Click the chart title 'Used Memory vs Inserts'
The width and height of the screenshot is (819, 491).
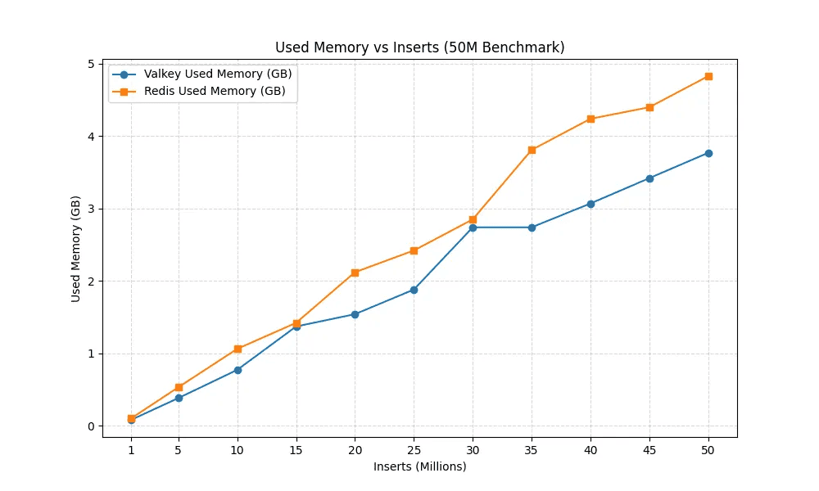[x=419, y=47]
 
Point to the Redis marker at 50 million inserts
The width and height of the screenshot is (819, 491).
[x=708, y=76]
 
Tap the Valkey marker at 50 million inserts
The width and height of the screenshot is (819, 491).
[x=708, y=153]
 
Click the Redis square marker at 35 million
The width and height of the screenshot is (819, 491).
[x=532, y=150]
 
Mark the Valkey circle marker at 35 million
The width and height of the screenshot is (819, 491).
[x=532, y=227]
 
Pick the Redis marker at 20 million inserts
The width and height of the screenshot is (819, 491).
[x=355, y=273]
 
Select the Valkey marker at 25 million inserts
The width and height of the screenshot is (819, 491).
[x=414, y=290]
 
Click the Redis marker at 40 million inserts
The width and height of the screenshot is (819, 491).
[x=590, y=119]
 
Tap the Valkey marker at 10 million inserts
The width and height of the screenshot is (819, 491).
[x=238, y=370]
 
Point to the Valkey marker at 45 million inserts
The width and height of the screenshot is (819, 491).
[x=649, y=178]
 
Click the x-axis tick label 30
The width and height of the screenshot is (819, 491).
[x=473, y=449]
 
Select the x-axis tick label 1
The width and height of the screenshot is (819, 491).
[x=131, y=449]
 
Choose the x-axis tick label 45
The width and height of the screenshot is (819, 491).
[x=649, y=449]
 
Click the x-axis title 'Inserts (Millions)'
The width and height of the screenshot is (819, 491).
[x=419, y=466]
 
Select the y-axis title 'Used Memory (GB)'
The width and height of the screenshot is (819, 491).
[x=76, y=249]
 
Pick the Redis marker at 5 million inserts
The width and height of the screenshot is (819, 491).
[x=179, y=387]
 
